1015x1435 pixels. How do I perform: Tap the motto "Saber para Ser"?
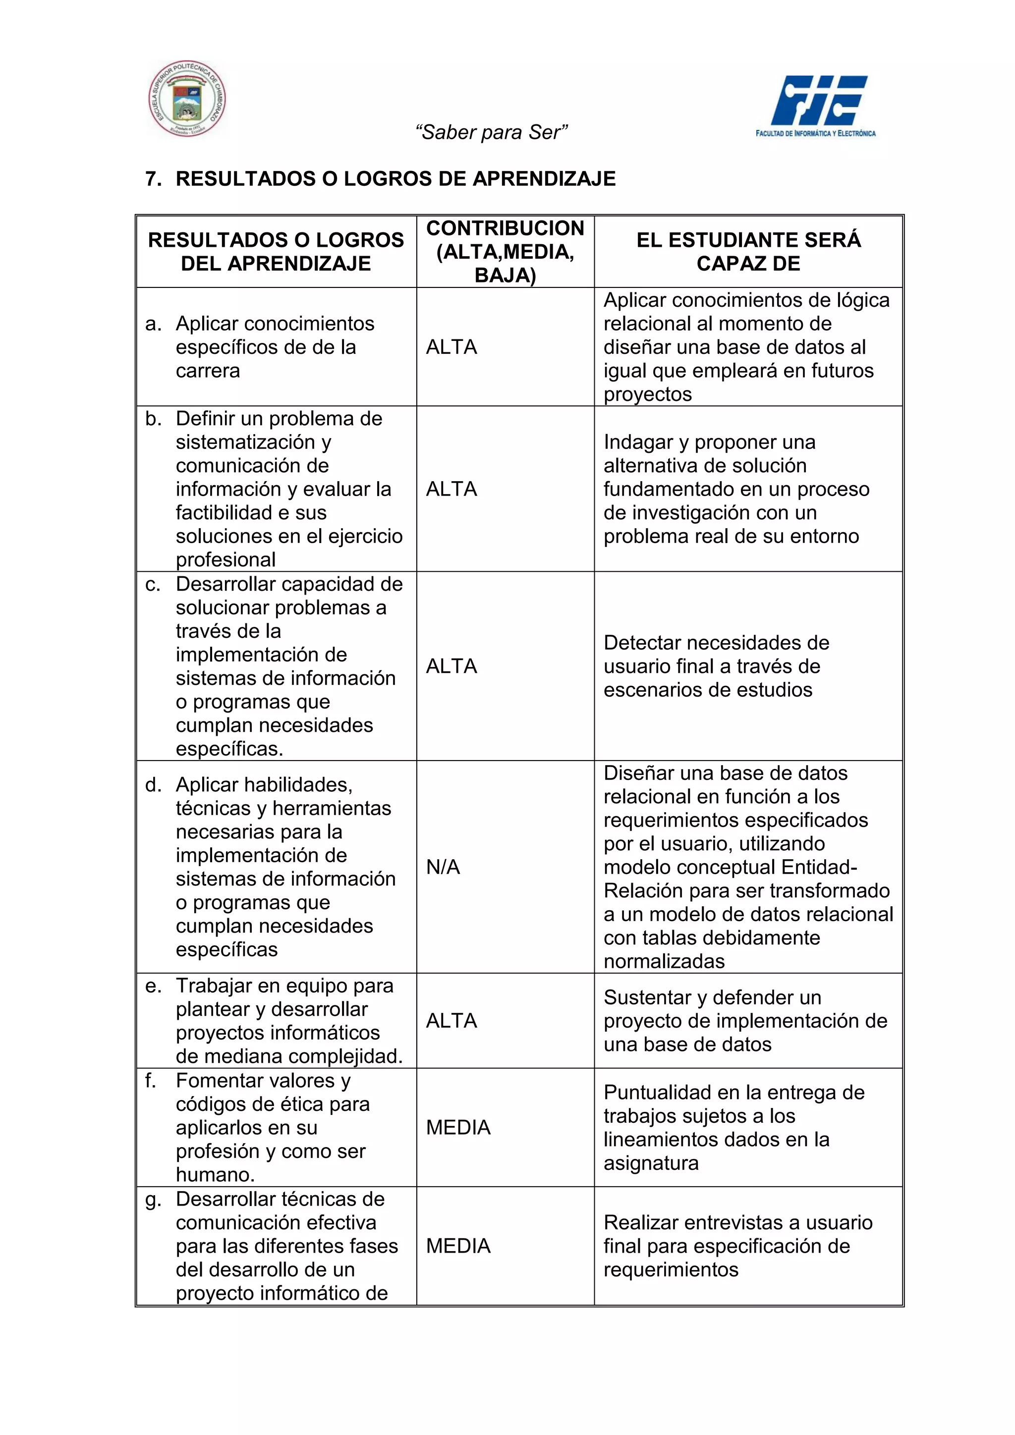pyautogui.click(x=491, y=132)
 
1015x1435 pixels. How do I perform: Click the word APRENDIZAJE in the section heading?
pyautogui.click(x=544, y=179)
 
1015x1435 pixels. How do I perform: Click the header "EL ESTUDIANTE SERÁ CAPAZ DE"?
pyautogui.click(x=748, y=252)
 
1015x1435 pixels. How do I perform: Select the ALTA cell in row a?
pyautogui.click(x=451, y=347)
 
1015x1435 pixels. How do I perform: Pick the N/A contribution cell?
pyautogui.click(x=443, y=867)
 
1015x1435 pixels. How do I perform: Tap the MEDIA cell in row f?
pyautogui.click(x=458, y=1127)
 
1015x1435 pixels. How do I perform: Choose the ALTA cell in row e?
pyautogui.click(x=451, y=1021)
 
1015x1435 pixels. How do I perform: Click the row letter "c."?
pyautogui.click(x=153, y=584)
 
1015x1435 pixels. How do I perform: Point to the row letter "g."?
pyautogui.click(x=153, y=1199)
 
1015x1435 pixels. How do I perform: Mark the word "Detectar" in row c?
pyautogui.click(x=644, y=643)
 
